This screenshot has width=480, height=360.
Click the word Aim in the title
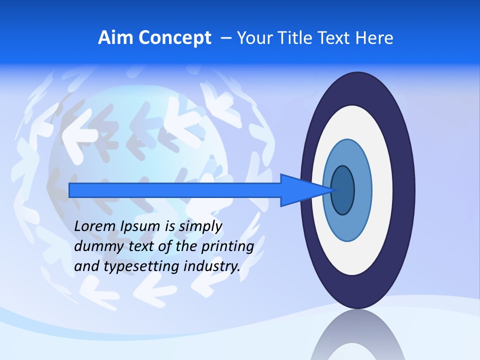tap(115, 38)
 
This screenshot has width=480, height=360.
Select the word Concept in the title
tap(174, 38)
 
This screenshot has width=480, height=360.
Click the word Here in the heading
tap(375, 38)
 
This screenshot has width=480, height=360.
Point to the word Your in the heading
tap(254, 38)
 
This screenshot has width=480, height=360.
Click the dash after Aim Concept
tap(225, 38)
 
